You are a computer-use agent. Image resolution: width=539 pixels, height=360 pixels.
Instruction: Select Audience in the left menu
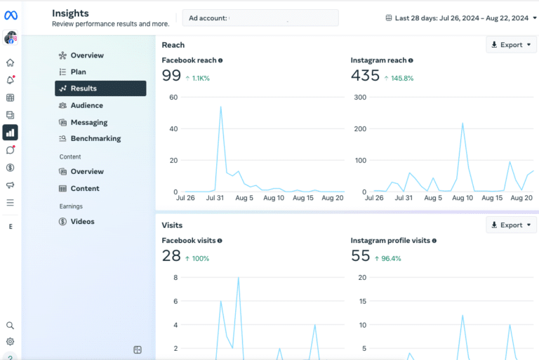pyautogui.click(x=86, y=105)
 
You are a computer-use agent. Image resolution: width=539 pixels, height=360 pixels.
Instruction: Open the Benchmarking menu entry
pyautogui.click(x=95, y=138)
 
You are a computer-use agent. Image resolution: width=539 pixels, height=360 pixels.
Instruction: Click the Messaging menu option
pyautogui.click(x=88, y=122)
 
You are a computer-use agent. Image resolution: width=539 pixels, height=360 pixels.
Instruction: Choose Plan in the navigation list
pyautogui.click(x=78, y=72)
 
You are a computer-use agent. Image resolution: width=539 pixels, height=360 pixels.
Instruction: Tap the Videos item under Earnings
pyautogui.click(x=82, y=222)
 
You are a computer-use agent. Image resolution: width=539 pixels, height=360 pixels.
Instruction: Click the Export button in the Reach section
pyautogui.click(x=511, y=45)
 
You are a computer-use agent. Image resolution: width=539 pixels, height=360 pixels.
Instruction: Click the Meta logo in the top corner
pyautogui.click(x=11, y=15)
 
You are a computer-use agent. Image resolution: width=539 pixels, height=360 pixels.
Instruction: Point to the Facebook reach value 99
pyautogui.click(x=171, y=76)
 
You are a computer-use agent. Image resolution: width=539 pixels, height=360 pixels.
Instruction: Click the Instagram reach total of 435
pyautogui.click(x=365, y=76)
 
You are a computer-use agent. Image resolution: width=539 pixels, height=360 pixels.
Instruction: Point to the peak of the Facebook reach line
pyautogui.click(x=221, y=107)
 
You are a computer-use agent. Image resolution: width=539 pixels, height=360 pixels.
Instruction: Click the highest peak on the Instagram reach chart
pyautogui.click(x=463, y=124)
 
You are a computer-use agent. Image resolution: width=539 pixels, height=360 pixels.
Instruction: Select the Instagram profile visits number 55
pyautogui.click(x=360, y=256)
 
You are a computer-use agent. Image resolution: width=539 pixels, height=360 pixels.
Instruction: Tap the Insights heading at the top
pyautogui.click(x=70, y=13)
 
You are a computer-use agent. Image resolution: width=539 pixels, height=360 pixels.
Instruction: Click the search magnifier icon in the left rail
pyautogui.click(x=11, y=326)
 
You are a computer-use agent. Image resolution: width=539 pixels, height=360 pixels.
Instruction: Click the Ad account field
pyautogui.click(x=260, y=18)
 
